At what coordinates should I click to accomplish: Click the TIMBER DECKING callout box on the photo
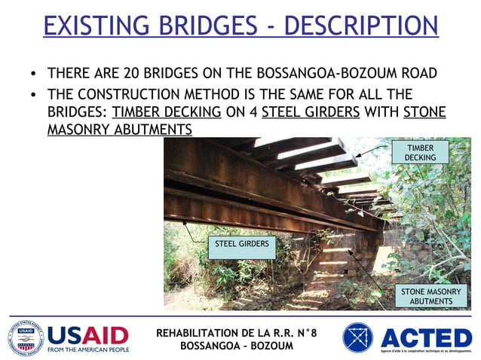tap(420, 152)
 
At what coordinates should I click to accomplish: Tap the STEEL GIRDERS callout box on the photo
tap(242, 246)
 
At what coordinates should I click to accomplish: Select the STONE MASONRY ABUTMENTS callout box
tap(430, 296)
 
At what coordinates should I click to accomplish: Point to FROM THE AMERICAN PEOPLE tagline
tap(88, 349)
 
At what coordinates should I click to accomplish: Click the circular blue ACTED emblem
tap(357, 337)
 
